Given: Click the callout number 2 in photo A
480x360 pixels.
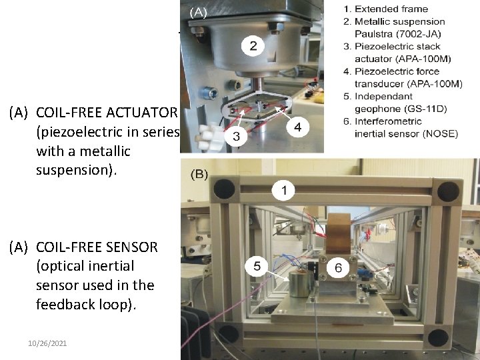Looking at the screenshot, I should (x=253, y=46).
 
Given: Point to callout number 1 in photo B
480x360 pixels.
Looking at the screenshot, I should (x=284, y=191).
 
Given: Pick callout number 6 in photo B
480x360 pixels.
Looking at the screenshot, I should (x=337, y=267).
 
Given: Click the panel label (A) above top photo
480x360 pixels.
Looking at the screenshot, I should (x=199, y=11).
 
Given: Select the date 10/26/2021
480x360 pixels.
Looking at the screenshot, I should (x=47, y=343).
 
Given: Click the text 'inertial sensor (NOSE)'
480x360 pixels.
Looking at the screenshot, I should (x=406, y=133).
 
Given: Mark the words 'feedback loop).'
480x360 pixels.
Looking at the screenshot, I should (x=85, y=305).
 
